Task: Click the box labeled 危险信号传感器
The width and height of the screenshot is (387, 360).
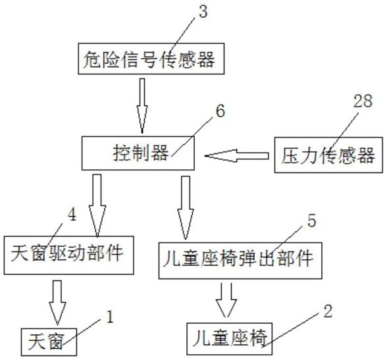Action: [151, 59]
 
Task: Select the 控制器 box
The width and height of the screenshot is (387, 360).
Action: [138, 153]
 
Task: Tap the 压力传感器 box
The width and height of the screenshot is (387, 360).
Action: [328, 155]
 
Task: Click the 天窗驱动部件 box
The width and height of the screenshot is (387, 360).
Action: [69, 255]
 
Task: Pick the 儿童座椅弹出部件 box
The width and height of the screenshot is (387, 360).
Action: [240, 261]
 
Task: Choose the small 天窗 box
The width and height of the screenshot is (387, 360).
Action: [49, 342]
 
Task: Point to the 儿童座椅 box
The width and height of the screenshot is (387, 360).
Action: [230, 338]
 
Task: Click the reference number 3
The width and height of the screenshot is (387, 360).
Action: [203, 12]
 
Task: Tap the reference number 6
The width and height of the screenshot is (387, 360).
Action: [220, 111]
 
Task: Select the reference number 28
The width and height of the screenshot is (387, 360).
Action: [363, 101]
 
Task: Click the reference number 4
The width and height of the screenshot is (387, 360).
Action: [72, 215]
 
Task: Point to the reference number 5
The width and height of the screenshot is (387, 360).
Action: [312, 220]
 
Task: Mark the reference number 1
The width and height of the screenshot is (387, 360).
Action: [109, 317]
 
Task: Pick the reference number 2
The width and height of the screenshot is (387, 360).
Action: [328, 311]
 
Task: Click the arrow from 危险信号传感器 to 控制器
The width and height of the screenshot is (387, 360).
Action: [142, 105]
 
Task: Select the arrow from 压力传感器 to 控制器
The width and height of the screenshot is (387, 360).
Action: [236, 156]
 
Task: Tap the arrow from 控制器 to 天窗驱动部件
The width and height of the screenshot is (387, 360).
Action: [97, 205]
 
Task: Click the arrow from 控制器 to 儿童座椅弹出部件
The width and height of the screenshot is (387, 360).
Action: [186, 207]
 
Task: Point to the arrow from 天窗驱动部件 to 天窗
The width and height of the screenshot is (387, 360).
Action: [57, 302]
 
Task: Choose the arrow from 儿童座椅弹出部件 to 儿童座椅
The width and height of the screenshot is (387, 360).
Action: [226, 300]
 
